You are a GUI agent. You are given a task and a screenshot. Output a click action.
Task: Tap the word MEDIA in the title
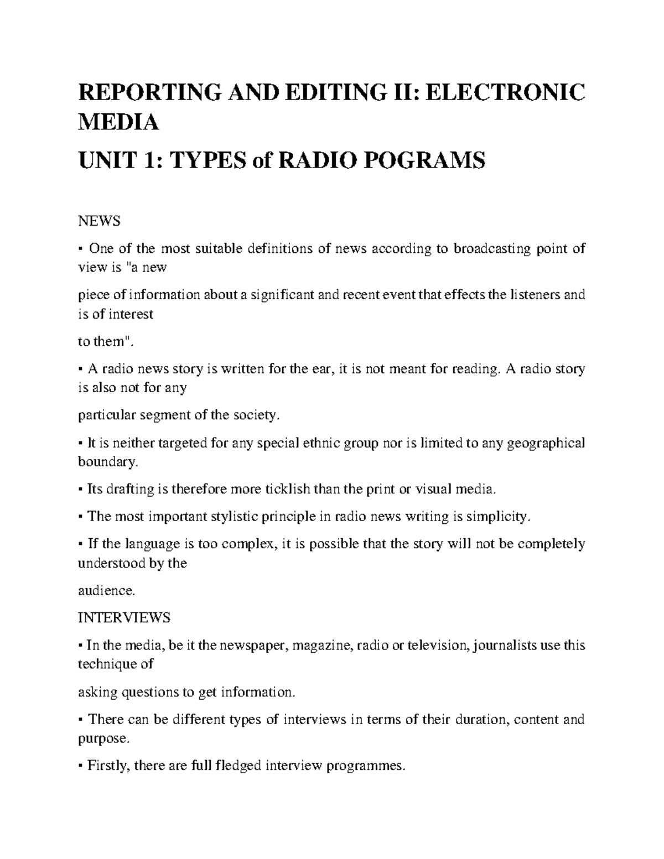coord(118,122)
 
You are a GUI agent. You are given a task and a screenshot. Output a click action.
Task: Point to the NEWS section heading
coord(98,221)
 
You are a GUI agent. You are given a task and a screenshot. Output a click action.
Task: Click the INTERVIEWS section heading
coord(124,617)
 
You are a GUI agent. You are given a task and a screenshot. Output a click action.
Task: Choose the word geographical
coord(545,442)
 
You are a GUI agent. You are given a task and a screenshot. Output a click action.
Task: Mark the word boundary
coord(106,462)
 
